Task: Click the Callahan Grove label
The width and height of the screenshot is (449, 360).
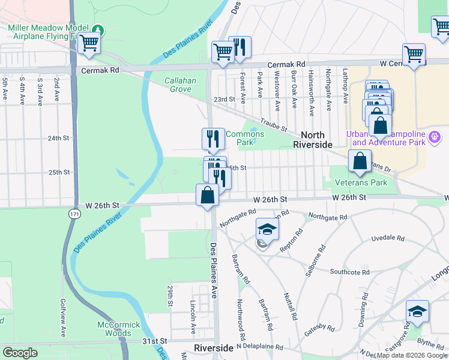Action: [178, 85]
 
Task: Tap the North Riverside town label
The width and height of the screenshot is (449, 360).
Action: [312, 140]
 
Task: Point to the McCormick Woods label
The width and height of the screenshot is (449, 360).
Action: [118, 329]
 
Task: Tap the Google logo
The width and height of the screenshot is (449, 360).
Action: [19, 353]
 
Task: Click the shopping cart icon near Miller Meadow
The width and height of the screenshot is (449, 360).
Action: [89, 44]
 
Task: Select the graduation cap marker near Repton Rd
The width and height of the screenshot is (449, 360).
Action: [267, 229]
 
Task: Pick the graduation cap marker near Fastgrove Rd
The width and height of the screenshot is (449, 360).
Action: [417, 311]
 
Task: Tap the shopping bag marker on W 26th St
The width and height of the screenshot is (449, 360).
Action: [207, 195]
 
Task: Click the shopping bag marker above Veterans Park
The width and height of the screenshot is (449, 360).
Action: [359, 161]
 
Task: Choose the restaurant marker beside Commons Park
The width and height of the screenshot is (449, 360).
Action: [212, 139]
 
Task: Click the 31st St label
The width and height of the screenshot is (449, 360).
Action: [154, 341]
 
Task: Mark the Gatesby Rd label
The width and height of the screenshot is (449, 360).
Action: [318, 327]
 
